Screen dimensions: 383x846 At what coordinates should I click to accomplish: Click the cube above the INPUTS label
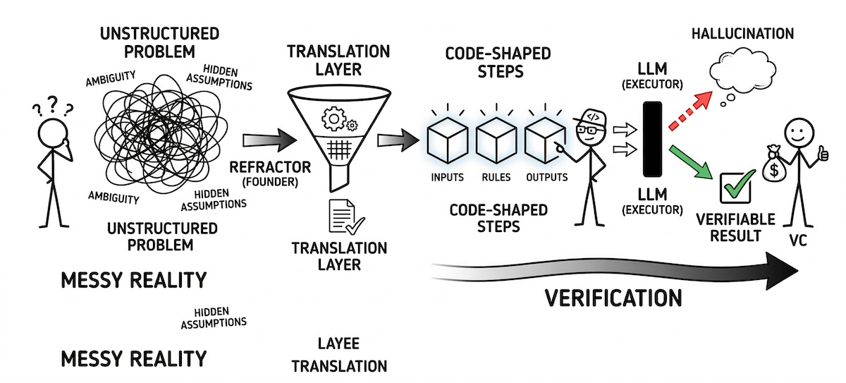[x=447, y=138]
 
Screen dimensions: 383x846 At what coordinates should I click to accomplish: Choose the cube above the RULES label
[x=496, y=138]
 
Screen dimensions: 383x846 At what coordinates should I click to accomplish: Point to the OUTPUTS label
[x=546, y=177]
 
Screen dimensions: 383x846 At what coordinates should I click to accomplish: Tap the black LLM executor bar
[x=653, y=139]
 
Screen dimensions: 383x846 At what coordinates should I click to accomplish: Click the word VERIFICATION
[x=613, y=297]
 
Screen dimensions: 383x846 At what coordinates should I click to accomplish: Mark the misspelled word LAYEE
[x=338, y=344]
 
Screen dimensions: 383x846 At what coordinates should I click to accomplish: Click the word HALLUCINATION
[x=742, y=33]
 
